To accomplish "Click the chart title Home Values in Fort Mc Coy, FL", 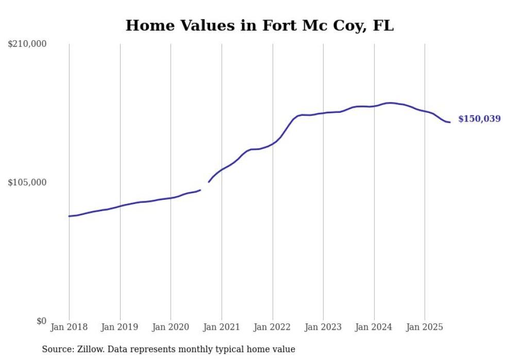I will [259, 25].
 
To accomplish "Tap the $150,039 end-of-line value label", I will [479, 119].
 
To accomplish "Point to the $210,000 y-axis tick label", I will [27, 44].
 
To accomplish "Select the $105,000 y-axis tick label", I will [27, 182].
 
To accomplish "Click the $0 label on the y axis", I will [41, 321].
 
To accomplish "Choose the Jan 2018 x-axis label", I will [69, 327].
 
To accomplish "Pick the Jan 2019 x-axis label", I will [120, 327].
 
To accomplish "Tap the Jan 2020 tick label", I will [171, 327].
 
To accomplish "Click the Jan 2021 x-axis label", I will [222, 327].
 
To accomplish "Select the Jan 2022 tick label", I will [272, 327].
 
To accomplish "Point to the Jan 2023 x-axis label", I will [323, 327].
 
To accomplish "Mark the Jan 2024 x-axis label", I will [374, 327].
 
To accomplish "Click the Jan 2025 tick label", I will [425, 327].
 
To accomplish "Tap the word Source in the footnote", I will [56, 349].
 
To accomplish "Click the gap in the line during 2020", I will [205, 186].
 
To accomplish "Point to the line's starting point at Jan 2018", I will [69, 216].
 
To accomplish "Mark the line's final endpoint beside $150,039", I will [450, 122].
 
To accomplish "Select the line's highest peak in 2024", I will [390, 103].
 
